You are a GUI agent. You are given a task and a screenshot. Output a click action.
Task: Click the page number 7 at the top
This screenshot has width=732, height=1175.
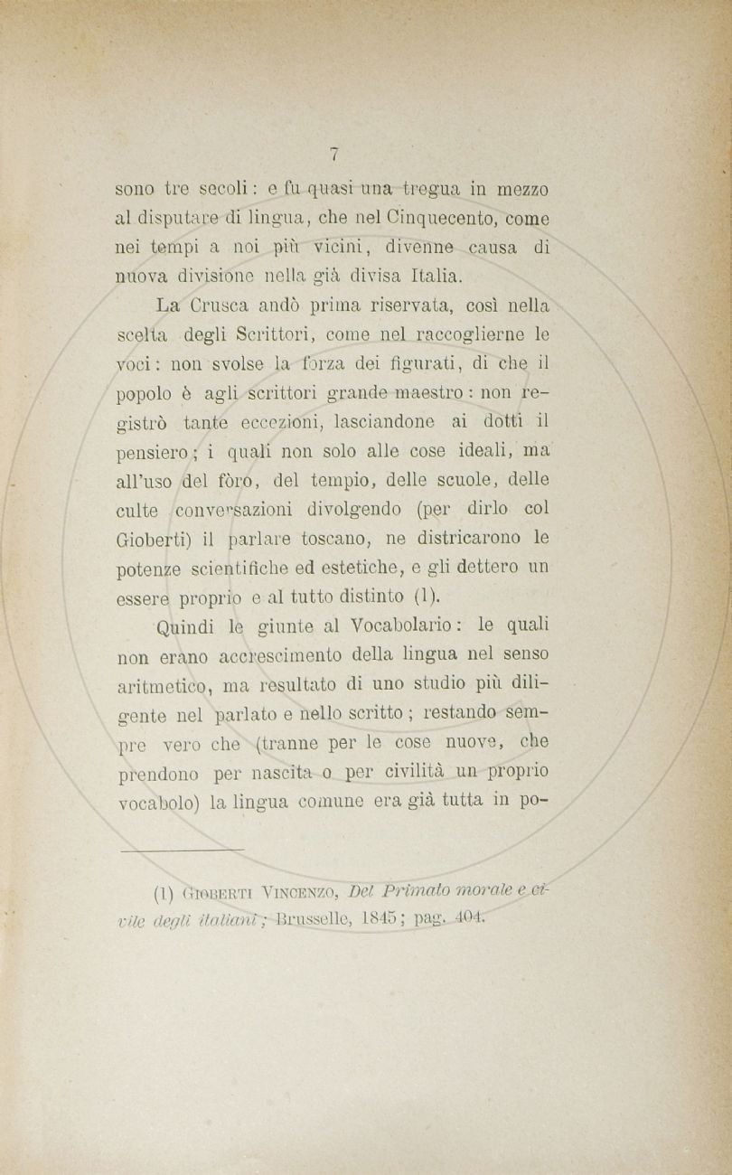point(333,155)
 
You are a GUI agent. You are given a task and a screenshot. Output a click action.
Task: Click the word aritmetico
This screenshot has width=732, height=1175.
point(162,683)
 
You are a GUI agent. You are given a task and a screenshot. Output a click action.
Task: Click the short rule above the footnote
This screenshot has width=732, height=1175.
point(181,850)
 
